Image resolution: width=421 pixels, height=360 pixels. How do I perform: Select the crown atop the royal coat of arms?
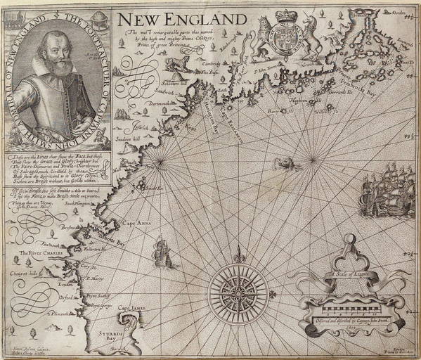286,16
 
